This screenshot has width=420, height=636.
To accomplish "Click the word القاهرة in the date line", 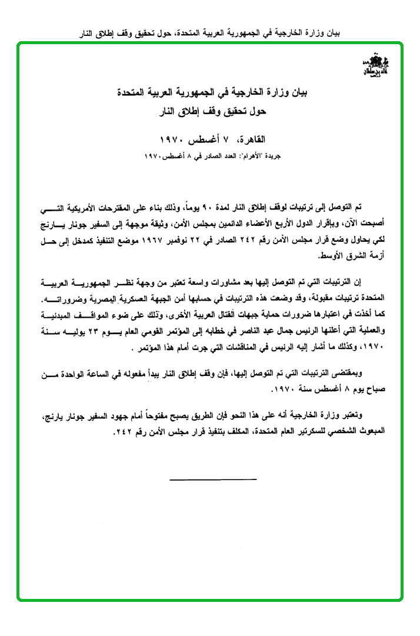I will tap(252, 139).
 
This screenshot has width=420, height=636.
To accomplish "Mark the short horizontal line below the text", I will tap(205, 480).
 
